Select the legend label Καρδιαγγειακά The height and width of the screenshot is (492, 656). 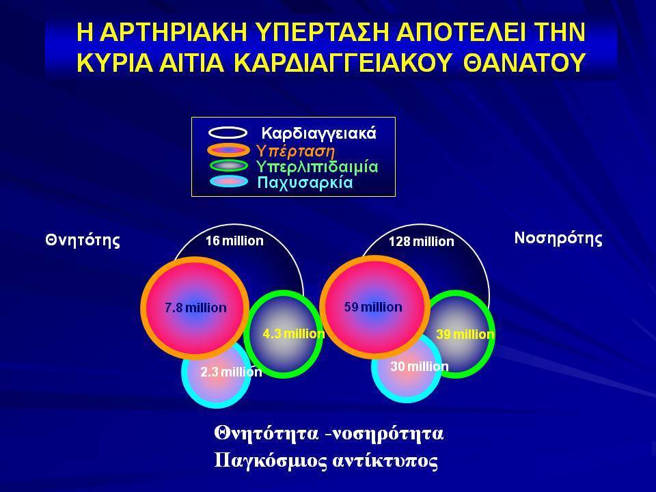pyautogui.click(x=319, y=133)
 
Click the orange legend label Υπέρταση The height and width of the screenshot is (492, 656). pyautogui.click(x=296, y=150)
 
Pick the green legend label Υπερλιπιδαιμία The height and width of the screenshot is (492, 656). pyautogui.click(x=318, y=167)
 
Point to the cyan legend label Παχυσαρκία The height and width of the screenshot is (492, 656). pyautogui.click(x=305, y=183)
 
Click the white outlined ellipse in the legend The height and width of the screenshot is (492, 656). pyautogui.click(x=228, y=133)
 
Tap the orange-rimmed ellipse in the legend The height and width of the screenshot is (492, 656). pyautogui.click(x=228, y=150)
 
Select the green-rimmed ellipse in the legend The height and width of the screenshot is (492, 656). pyautogui.click(x=228, y=165)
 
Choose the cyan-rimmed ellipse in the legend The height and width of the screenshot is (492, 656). pyautogui.click(x=229, y=182)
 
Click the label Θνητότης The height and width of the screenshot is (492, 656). pyautogui.click(x=83, y=240)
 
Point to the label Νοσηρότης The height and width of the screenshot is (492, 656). pyautogui.click(x=558, y=238)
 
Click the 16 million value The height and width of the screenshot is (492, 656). pyautogui.click(x=234, y=241)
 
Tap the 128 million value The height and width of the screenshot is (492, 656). pyautogui.click(x=422, y=241)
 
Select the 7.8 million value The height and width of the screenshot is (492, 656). pyautogui.click(x=195, y=308)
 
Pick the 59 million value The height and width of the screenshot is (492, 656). pyautogui.click(x=373, y=307)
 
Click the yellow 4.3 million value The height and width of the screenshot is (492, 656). pyautogui.click(x=294, y=334)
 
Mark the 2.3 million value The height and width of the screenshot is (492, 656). pyautogui.click(x=232, y=372)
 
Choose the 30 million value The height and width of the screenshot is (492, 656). pyautogui.click(x=420, y=366)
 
